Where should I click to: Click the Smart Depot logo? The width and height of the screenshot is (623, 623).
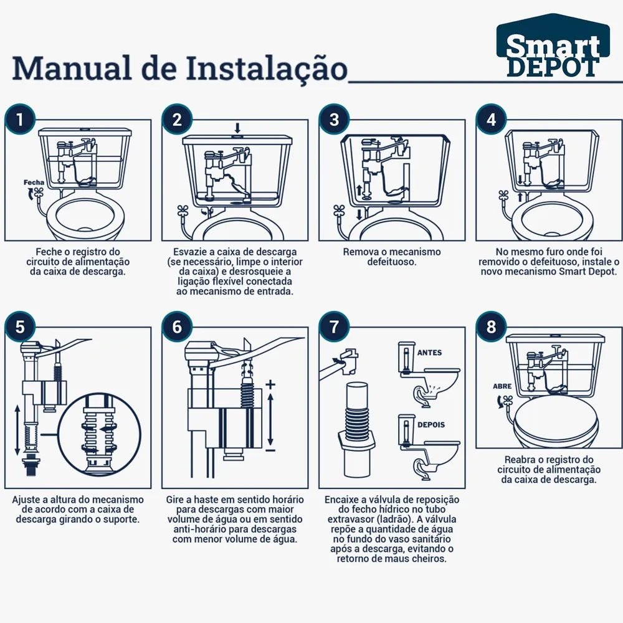[x=553, y=47]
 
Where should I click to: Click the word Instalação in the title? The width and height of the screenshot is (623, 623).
[x=267, y=69]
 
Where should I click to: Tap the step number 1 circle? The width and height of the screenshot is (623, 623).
[x=20, y=119]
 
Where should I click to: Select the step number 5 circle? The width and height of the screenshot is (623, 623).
[x=20, y=326]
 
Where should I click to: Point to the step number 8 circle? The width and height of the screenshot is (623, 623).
[x=491, y=326]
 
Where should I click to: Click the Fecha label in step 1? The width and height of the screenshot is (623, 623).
[x=34, y=183]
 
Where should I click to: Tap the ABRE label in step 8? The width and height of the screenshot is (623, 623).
[x=502, y=386]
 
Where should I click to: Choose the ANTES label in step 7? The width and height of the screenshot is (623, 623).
[x=429, y=353]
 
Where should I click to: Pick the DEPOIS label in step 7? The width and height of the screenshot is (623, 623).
[x=431, y=425]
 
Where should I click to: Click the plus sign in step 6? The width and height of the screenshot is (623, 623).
[x=270, y=384]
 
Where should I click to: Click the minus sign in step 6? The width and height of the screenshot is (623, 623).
[x=270, y=450]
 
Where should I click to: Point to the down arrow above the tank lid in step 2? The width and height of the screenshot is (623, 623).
[x=237, y=128]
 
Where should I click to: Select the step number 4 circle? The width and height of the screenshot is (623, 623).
[x=491, y=119]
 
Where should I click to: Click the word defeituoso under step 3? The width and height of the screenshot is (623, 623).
[x=391, y=262]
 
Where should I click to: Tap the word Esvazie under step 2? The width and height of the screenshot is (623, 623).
[x=188, y=252]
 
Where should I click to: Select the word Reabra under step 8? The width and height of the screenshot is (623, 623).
[x=520, y=460]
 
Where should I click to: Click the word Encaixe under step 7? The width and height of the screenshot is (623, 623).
[x=341, y=500]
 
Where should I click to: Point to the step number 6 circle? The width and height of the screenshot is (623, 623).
[x=177, y=326]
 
